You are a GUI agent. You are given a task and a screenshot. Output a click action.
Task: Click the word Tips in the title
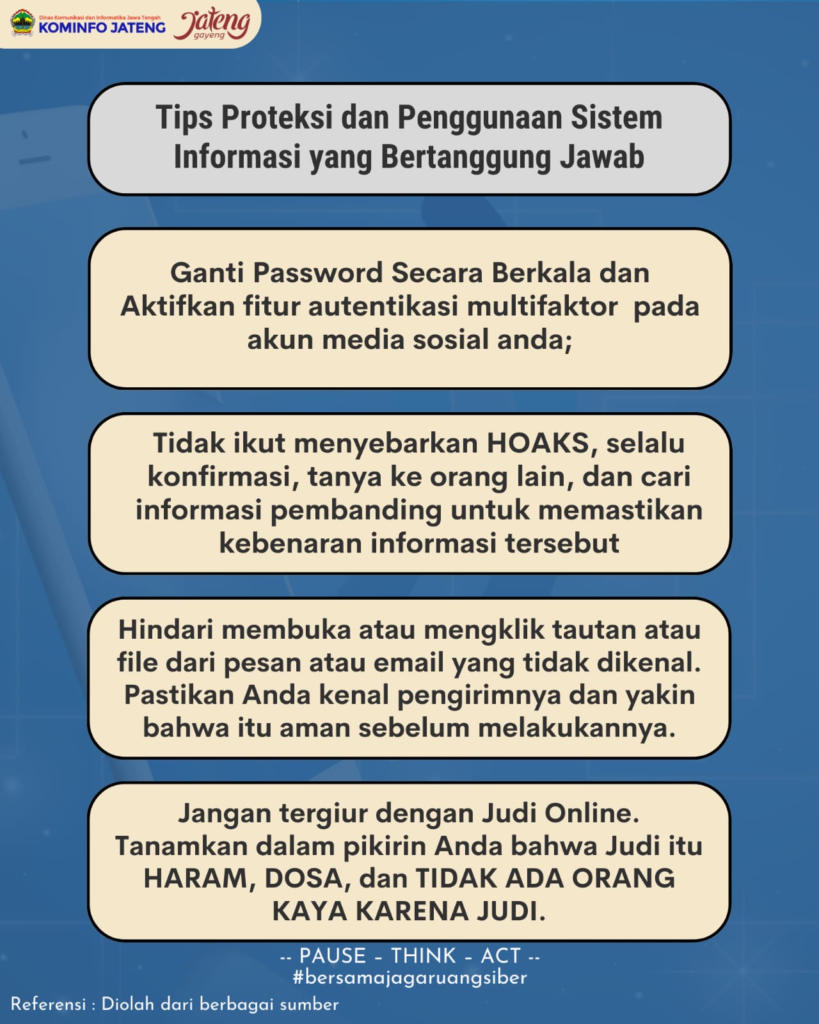184,118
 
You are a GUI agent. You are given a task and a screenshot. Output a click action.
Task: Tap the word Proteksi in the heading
277,117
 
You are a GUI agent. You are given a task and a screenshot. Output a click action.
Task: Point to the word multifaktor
542,306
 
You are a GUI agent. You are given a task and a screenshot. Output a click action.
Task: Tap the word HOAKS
537,443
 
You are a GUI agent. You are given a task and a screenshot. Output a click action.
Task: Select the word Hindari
165,630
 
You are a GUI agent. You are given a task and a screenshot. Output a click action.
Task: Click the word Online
592,813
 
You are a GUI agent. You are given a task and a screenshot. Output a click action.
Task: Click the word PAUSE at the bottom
333,956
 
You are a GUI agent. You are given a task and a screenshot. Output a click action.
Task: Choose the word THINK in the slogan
424,956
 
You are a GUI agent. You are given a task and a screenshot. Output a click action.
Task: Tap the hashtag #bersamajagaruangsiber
409,977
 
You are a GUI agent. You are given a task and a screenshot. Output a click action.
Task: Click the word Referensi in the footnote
48,1004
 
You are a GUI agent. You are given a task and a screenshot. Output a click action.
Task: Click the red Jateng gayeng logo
212,24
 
